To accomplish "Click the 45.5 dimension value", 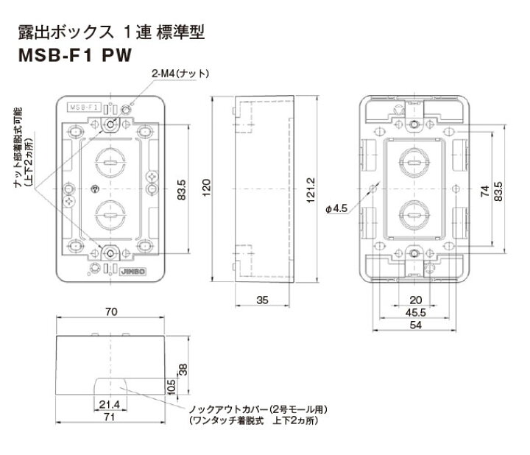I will click(415, 312).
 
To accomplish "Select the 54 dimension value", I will click(415, 325).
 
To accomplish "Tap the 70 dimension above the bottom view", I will click(112, 313).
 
